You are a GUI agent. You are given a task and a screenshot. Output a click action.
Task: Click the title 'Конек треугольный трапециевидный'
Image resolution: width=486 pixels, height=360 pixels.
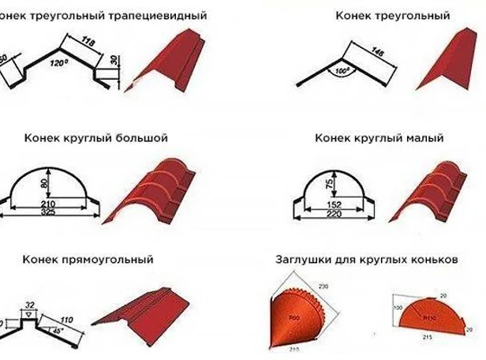click(x=103, y=15)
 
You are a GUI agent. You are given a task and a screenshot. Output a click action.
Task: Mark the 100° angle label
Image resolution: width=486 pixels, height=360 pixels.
click(x=343, y=72)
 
